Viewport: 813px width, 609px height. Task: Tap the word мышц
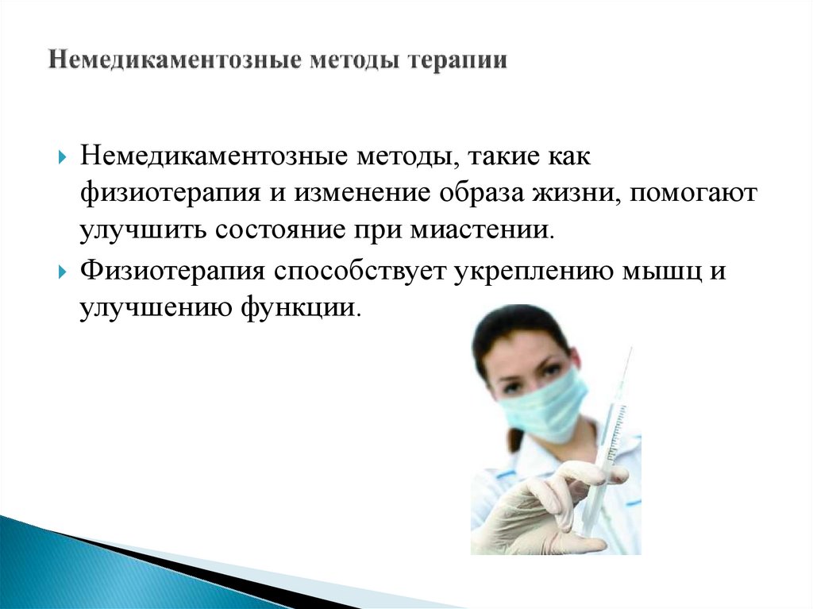664,270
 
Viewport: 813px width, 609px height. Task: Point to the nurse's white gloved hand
548,508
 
